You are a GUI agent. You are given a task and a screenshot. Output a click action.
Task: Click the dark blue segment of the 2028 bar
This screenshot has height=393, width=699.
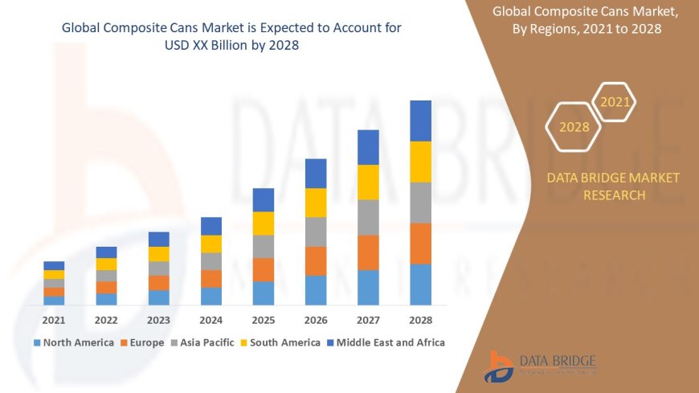pyautogui.click(x=420, y=121)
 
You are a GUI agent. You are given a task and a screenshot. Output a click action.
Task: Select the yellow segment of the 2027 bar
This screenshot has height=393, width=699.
pyautogui.click(x=368, y=182)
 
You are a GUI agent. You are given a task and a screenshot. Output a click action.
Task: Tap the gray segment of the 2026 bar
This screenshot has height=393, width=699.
pyautogui.click(x=316, y=231)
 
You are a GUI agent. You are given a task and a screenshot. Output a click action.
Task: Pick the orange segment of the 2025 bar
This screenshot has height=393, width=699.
pyautogui.click(x=264, y=269)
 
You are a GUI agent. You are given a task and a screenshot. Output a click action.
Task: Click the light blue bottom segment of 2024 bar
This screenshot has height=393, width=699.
pyautogui.click(x=211, y=296)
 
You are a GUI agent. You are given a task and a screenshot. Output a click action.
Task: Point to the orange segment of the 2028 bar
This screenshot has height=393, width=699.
pyautogui.click(x=420, y=243)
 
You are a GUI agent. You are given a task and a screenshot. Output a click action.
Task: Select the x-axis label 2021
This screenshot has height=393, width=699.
pyautogui.click(x=54, y=319)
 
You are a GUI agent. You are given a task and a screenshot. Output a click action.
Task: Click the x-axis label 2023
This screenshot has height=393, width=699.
pyautogui.click(x=158, y=319)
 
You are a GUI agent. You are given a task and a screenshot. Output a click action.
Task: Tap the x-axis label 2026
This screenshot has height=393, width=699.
pyautogui.click(x=316, y=319)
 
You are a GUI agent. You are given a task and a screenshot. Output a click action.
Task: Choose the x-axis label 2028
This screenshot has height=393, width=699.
pyautogui.click(x=420, y=319)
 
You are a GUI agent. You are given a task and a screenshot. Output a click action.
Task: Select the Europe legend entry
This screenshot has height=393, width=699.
pyautogui.click(x=145, y=342)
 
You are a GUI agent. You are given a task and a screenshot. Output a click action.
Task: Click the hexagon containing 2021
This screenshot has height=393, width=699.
pyautogui.click(x=615, y=102)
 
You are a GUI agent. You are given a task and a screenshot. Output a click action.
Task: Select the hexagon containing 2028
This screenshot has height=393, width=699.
pyautogui.click(x=574, y=127)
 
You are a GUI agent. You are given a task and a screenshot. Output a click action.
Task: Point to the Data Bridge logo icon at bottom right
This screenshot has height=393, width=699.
pyautogui.click(x=498, y=366)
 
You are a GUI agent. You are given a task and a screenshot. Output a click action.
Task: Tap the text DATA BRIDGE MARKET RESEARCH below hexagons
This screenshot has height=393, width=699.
pyautogui.click(x=613, y=186)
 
